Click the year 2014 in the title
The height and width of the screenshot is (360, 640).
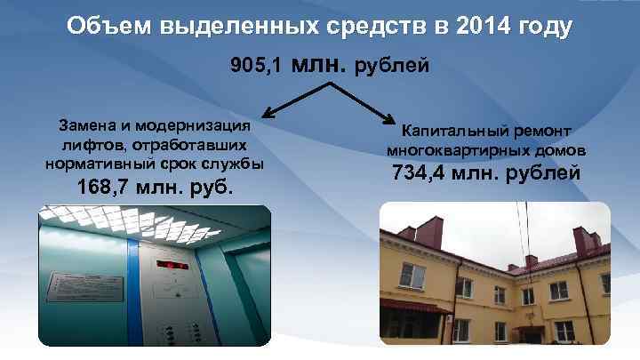pos(488,27)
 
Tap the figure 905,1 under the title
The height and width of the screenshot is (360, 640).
pos(258,65)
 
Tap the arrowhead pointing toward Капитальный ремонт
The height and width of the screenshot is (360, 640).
pos(391,120)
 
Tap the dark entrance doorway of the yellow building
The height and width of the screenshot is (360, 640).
pos(525,334)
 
